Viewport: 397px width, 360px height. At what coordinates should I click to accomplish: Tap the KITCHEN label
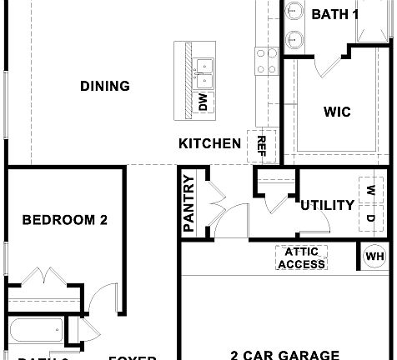click(209, 143)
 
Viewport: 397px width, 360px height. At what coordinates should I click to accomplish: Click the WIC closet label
click(336, 112)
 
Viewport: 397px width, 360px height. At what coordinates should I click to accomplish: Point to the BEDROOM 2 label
click(64, 221)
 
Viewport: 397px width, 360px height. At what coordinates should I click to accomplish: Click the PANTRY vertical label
click(188, 203)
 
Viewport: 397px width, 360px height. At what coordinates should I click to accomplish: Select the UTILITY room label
click(327, 205)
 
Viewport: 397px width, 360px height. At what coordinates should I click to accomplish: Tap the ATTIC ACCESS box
click(302, 258)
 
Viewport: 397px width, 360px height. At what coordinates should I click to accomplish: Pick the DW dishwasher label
click(203, 102)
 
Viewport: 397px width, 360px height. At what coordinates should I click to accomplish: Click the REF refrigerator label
click(262, 146)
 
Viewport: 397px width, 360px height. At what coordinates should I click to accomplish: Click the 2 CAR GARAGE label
click(284, 353)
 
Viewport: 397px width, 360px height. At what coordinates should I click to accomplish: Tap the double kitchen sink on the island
click(204, 72)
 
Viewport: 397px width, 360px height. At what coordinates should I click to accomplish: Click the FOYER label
click(132, 357)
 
